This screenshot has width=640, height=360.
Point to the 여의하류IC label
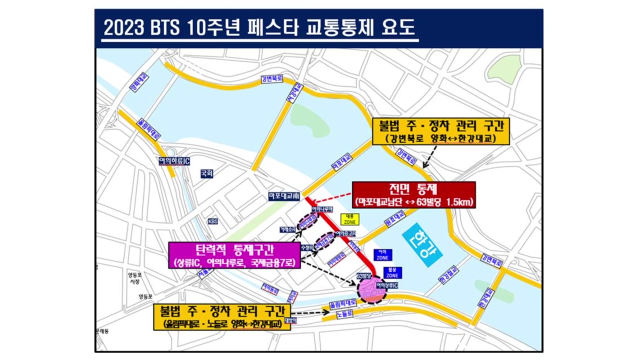173,160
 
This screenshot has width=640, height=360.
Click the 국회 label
206,173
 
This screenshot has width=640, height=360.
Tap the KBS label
213,221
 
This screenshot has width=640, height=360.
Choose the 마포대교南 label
283,196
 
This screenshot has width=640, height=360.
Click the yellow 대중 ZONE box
349,219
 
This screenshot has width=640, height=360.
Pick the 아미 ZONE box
382,254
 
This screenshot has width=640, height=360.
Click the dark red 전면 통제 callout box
413,194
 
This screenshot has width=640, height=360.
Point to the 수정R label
306,247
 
